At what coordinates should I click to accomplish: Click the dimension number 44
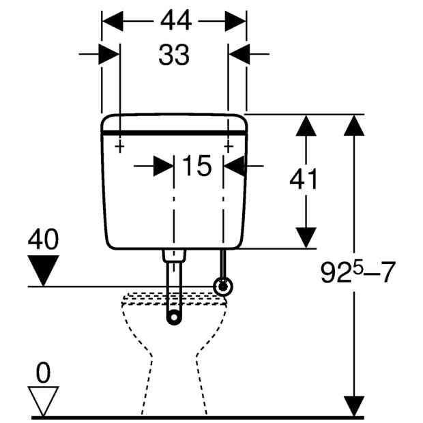176,20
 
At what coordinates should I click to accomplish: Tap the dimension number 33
174,55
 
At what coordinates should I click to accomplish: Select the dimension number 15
196,166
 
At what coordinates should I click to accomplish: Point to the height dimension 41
303,179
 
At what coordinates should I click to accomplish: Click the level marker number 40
43,239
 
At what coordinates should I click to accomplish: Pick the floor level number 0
43,373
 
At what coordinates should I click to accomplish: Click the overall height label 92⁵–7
358,272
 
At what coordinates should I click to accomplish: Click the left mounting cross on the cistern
120,147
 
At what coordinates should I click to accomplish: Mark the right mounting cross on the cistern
229,147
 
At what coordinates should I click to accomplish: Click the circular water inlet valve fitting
223,287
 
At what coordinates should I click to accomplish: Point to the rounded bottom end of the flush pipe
174,317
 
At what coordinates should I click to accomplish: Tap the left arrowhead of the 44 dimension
113,21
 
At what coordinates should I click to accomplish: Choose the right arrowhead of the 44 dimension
235,21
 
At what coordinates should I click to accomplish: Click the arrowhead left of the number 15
164,166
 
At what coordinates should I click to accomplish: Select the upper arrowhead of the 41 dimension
306,126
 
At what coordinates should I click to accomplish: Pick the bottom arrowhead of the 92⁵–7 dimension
355,406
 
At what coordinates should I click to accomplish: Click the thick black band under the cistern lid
174,133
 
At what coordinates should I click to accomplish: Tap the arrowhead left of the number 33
109,54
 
